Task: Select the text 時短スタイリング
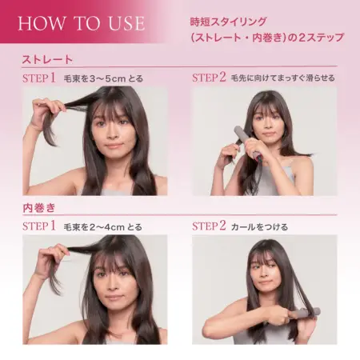point(229,19)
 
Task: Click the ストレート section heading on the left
point(47,59)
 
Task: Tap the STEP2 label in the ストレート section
point(213,78)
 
